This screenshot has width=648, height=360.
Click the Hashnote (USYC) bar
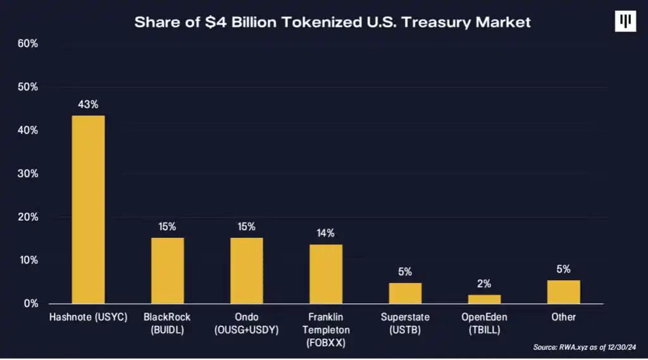click(89, 209)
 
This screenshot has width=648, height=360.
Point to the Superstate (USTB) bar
click(405, 293)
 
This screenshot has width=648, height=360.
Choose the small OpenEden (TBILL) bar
click(484, 299)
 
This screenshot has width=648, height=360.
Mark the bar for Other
click(563, 292)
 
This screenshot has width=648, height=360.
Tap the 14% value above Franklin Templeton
click(326, 233)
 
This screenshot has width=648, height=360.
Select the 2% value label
click(484, 284)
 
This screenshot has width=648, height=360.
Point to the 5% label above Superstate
click(405, 272)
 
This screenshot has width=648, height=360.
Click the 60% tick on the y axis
click(28, 44)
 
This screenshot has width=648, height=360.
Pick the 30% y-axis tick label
click(28, 173)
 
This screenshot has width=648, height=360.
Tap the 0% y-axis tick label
click(30, 304)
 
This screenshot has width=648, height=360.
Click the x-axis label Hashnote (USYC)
click(89, 317)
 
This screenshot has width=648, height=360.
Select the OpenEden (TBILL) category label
click(484, 323)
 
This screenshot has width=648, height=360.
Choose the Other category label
click(563, 317)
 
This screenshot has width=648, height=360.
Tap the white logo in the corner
click(625, 22)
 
